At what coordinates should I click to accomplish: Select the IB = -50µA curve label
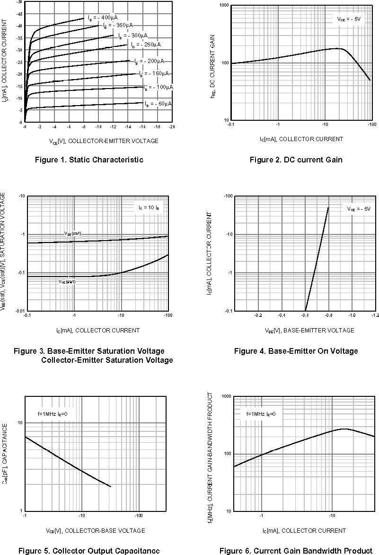click(x=159, y=103)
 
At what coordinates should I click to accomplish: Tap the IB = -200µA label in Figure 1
click(x=150, y=62)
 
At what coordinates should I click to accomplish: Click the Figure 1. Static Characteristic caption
click(x=89, y=160)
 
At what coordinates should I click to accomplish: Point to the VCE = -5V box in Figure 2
click(x=349, y=19)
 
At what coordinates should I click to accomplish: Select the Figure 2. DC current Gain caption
click(x=296, y=160)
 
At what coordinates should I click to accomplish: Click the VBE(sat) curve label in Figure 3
click(x=73, y=233)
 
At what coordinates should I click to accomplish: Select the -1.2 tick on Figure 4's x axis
click(x=375, y=315)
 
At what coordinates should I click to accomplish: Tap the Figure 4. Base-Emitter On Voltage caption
click(x=296, y=351)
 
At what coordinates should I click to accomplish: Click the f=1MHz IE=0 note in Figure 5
click(x=53, y=413)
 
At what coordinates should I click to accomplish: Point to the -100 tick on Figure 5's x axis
click(x=139, y=515)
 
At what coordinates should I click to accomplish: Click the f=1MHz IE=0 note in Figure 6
click(x=261, y=413)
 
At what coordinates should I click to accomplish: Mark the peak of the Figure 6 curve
click(x=344, y=429)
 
